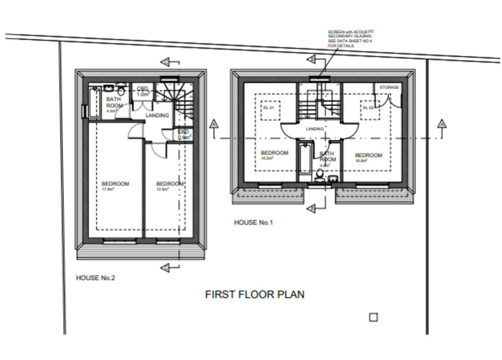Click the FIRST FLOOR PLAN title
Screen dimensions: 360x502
254,294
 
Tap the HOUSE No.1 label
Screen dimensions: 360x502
253,223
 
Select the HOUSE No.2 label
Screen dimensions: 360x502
95,278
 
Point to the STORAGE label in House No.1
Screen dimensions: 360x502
389,87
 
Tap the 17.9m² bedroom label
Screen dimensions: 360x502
115,186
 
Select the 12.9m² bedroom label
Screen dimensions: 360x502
170,186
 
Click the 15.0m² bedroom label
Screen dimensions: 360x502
275,155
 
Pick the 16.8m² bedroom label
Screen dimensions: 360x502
368,158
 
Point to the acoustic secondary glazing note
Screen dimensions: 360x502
350,39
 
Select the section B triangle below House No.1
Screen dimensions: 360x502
311,209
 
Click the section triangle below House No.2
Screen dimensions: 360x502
165,267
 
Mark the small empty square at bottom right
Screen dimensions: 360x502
373,317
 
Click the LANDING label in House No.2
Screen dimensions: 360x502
157,116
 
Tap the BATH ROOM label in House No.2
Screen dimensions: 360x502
114,103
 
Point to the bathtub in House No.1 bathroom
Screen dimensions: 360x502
305,158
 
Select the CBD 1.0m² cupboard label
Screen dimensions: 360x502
143,91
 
